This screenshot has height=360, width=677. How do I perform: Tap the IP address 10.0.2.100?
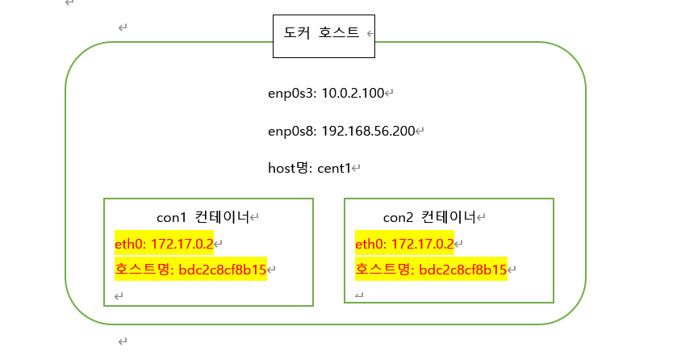coord(352,94)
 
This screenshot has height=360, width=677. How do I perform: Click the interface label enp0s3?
coord(291,94)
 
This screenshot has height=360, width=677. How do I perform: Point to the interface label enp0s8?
coord(291,131)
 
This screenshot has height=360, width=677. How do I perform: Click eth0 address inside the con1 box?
coord(164,243)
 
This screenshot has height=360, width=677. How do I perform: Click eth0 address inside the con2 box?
coord(404,243)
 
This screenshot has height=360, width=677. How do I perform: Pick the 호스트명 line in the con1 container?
coord(190,269)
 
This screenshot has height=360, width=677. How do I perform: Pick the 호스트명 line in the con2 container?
coord(431,269)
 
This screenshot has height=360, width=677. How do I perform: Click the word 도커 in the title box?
coord(297,34)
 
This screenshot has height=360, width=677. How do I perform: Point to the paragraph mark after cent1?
coord(356,170)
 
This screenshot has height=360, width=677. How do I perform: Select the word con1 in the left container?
coord(172,217)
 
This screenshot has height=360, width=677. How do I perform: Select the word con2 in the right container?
coord(398,217)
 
